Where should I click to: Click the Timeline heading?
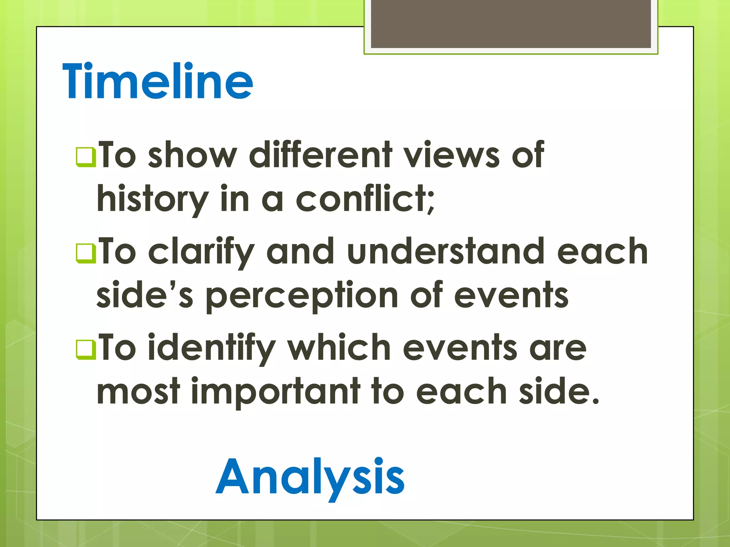pos(158,81)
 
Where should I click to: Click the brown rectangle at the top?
pos(510,24)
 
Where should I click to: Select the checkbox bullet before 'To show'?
pos(86,157)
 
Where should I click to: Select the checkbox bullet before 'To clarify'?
pos(86,253)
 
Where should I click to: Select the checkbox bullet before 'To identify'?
pos(86,349)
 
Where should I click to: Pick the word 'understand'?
pos(446,251)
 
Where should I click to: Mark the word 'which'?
pos(339,347)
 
